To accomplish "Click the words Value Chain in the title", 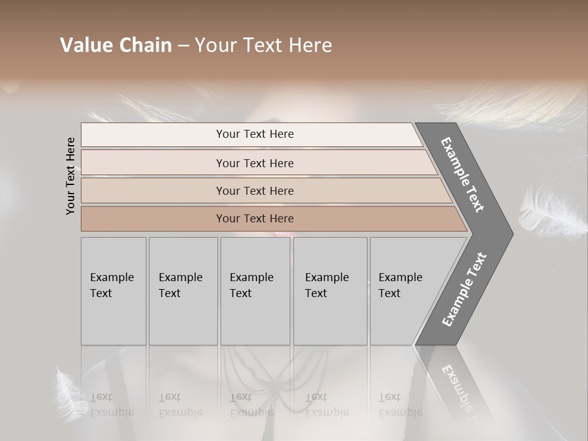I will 116,45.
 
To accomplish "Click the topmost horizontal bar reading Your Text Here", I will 254,134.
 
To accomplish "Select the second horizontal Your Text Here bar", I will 254,163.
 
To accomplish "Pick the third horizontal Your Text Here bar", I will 254,190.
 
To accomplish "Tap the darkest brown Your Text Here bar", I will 254,219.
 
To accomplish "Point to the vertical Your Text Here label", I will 70,176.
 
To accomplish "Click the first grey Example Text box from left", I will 113,291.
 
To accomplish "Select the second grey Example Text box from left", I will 183,291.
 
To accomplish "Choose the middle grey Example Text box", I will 255,291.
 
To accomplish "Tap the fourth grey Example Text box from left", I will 330,291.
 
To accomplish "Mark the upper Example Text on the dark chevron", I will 462,175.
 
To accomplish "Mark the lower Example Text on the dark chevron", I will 464,289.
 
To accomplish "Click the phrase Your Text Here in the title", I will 263,45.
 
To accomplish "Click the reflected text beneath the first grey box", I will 111,405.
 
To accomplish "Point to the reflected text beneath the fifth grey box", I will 399,405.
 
